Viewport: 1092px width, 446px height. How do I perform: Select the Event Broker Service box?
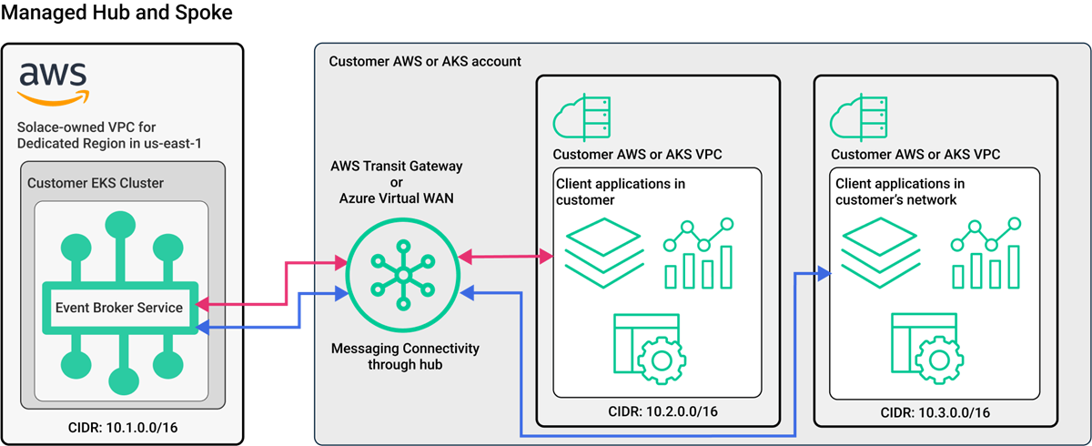[119, 308]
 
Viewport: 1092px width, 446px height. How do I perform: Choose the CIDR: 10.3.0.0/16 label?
[935, 412]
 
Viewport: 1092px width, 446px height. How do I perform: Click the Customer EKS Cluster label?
[96, 183]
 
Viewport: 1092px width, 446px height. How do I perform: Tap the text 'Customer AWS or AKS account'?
[425, 62]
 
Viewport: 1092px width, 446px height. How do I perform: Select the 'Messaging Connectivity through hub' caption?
[405, 356]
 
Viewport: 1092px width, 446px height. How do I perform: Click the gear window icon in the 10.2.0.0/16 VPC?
[648, 347]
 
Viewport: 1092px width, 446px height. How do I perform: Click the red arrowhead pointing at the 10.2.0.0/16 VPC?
[548, 258]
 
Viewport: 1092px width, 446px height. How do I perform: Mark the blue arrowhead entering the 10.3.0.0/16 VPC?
[824, 272]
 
